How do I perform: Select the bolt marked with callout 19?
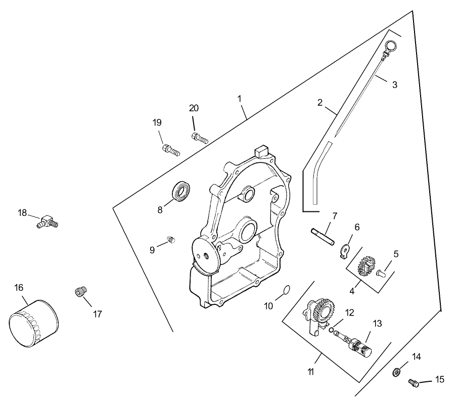click(x=171, y=150)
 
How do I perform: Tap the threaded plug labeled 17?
click(x=80, y=292)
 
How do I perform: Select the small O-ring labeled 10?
click(x=286, y=290)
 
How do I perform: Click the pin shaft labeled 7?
click(x=323, y=237)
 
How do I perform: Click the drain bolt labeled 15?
click(x=413, y=384)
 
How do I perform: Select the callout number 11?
click(x=311, y=372)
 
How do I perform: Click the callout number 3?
click(x=394, y=84)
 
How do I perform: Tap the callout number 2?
click(x=320, y=103)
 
